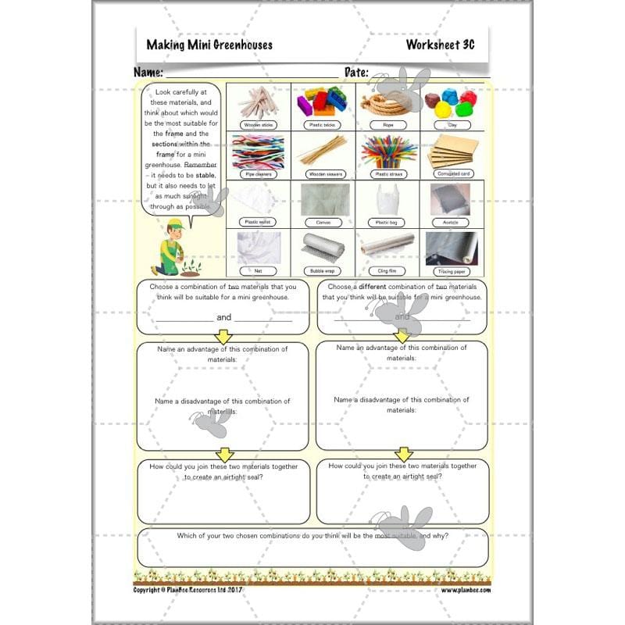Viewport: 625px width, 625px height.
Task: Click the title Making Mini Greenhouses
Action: tap(209, 45)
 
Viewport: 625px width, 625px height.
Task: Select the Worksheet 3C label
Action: tap(440, 45)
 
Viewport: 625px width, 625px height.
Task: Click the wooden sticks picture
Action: tap(257, 102)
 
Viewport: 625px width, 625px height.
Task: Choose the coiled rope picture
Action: tap(387, 102)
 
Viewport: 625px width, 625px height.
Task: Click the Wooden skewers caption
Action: tap(323, 173)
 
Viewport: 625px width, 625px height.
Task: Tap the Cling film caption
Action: tap(387, 271)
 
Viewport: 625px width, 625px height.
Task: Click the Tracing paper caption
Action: tap(452, 271)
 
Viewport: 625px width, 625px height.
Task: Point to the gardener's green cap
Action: tap(176, 224)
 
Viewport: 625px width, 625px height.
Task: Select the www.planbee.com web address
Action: tap(465, 590)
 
